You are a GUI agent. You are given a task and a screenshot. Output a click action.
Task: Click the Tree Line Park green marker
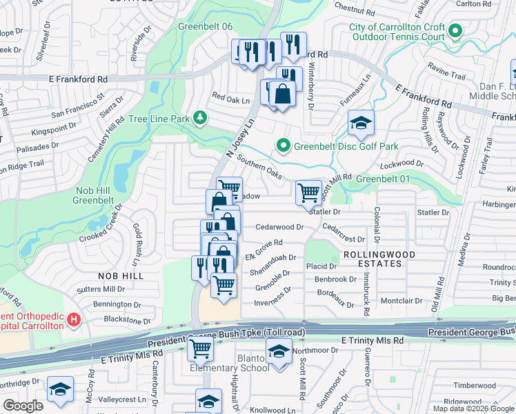click(200, 118)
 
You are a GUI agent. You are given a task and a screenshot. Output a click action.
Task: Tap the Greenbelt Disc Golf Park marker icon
click(282, 146)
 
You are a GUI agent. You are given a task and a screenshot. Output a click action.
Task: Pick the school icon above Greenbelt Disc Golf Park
click(361, 123)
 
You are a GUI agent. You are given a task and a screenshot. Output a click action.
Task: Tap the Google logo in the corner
click(23, 406)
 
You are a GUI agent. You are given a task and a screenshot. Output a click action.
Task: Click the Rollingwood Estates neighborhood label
click(372, 259)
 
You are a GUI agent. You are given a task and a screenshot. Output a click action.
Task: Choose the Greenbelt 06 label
click(206, 26)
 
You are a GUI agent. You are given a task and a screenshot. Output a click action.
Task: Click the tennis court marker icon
click(455, 30)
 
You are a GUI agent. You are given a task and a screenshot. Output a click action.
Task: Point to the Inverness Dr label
click(275, 299)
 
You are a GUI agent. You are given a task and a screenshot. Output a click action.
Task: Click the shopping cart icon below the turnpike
click(200, 348)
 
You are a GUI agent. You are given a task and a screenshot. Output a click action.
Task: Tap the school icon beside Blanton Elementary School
click(278, 352)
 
